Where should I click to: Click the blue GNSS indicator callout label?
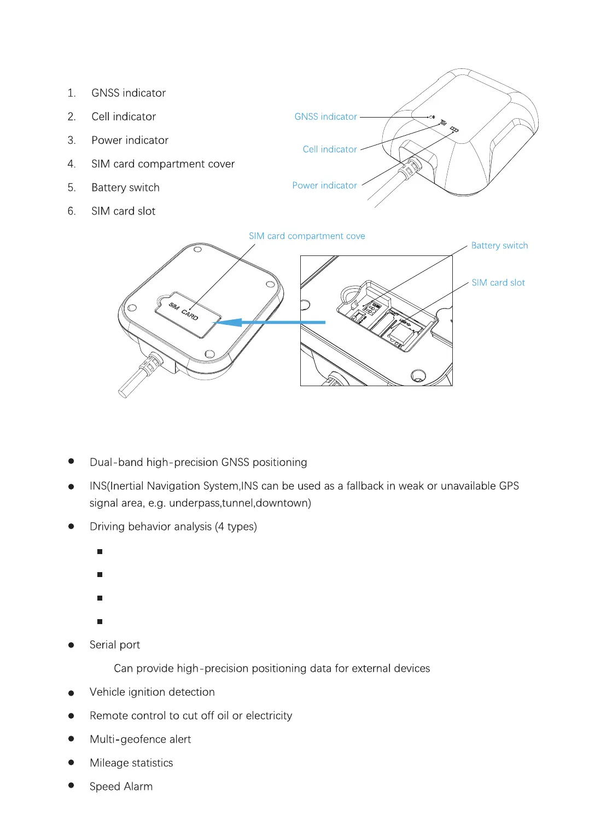click(325, 116)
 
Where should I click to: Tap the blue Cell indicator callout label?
click(330, 149)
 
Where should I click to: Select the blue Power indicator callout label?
click(324, 185)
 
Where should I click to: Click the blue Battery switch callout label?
click(499, 246)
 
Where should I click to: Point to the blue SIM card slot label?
click(498, 283)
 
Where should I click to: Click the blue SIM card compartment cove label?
click(307, 236)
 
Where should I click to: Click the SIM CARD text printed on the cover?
click(183, 311)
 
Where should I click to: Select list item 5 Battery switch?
click(125, 188)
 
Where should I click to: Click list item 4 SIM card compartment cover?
click(162, 164)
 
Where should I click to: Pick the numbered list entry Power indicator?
click(130, 141)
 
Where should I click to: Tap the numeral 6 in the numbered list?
click(72, 211)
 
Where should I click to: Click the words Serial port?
click(115, 645)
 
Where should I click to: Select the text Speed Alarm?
click(121, 787)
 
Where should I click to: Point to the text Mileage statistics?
click(131, 763)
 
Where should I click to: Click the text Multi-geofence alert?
click(140, 739)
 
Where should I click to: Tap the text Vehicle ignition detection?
click(152, 692)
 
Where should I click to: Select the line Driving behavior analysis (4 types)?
click(173, 527)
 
